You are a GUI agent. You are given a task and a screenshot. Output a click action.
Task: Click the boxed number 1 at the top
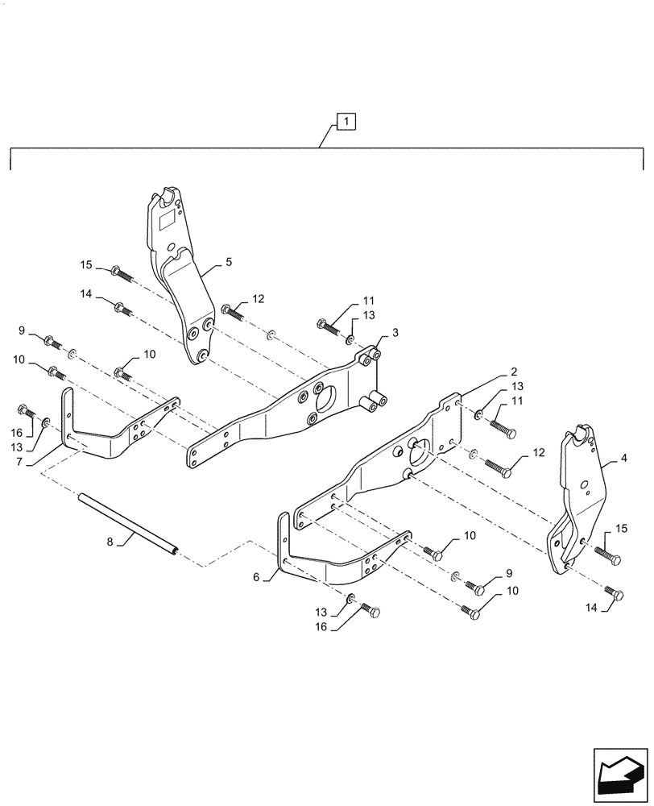click(x=345, y=123)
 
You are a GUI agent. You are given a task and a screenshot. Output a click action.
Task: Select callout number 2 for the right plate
click(x=513, y=372)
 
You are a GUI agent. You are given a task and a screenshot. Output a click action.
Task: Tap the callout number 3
click(x=395, y=333)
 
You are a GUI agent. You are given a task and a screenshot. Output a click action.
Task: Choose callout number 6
click(x=257, y=577)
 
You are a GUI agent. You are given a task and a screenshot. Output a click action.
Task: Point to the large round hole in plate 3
click(x=329, y=395)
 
